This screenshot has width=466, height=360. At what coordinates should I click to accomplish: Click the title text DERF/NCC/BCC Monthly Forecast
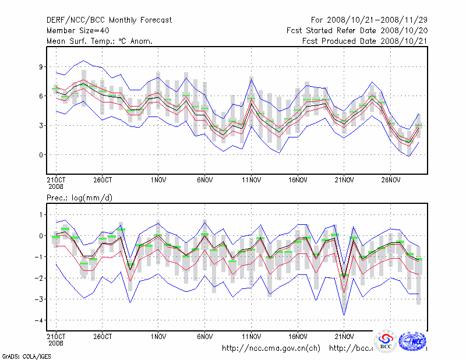click(x=109, y=20)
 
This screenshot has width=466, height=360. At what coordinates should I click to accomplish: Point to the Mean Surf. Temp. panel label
click(x=100, y=41)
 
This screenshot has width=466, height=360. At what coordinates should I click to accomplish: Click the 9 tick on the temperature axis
click(x=41, y=67)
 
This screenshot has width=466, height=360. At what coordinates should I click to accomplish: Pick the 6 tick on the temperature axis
click(x=41, y=96)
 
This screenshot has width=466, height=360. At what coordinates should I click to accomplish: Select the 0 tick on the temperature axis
click(x=41, y=155)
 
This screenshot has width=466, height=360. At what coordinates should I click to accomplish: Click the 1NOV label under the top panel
click(x=158, y=180)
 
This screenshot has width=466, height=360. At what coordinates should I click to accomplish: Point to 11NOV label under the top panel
click(x=251, y=180)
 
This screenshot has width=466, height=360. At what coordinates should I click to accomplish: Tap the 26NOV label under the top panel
click(x=391, y=180)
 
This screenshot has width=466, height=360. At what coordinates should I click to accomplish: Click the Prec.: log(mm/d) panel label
click(x=79, y=198)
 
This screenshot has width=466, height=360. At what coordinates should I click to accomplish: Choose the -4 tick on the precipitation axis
click(x=40, y=320)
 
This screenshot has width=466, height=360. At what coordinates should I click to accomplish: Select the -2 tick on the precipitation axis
click(x=40, y=278)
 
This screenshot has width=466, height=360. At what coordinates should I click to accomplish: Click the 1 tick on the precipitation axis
click(x=41, y=215)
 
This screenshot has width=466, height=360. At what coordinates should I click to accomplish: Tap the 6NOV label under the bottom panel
click(x=205, y=336)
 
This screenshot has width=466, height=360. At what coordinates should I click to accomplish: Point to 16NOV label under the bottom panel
click(x=298, y=336)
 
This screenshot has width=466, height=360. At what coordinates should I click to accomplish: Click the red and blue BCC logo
click(x=385, y=341)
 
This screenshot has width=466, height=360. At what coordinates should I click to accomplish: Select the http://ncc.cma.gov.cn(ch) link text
click(x=271, y=348)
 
